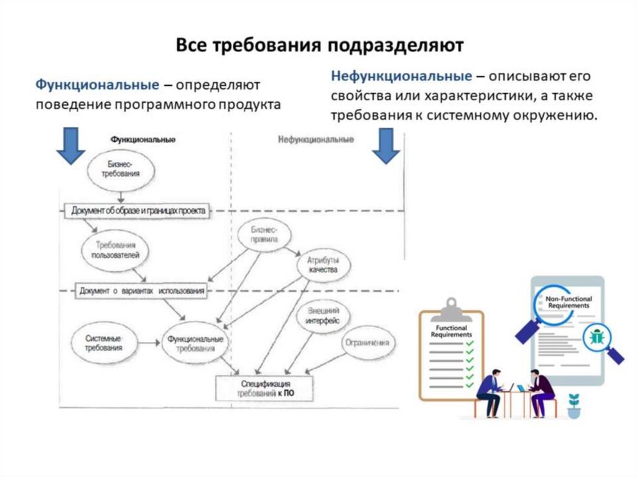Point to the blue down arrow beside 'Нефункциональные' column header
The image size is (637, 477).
[386, 146]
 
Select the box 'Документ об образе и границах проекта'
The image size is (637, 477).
[138, 211]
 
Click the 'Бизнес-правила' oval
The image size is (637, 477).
[264, 234]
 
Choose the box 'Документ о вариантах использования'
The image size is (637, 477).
[142, 290]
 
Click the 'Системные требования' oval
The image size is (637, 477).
[103, 343]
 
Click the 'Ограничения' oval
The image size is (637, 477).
[368, 343]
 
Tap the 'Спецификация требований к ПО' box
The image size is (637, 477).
[264, 389]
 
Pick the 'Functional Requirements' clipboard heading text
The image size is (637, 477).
[452, 331]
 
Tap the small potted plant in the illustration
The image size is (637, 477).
[573, 405]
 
